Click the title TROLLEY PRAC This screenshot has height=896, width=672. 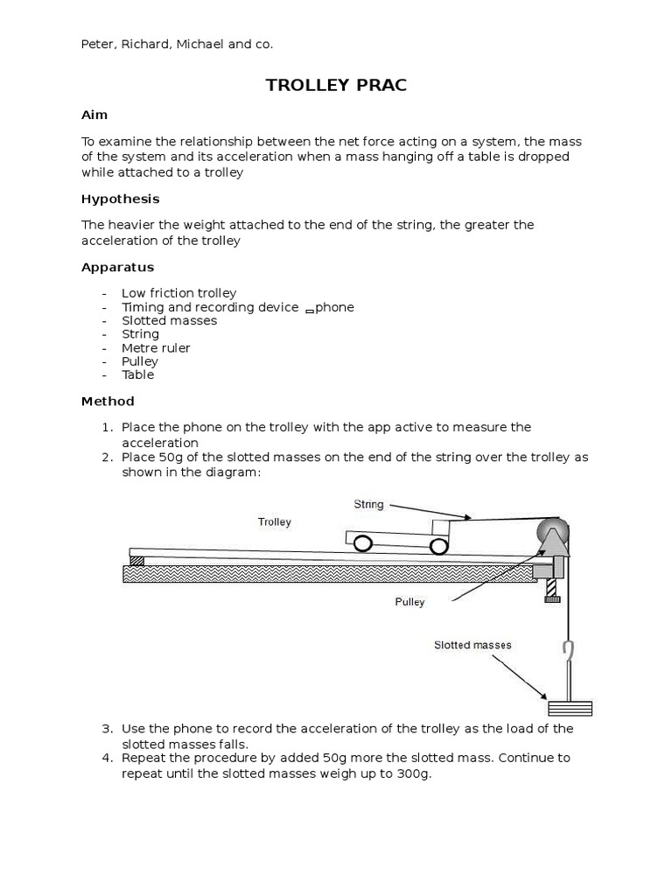click(336, 85)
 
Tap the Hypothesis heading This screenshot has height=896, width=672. click(121, 199)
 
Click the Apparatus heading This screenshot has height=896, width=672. click(117, 267)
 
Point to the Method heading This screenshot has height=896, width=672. click(108, 401)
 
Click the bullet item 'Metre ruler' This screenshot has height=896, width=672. click(156, 347)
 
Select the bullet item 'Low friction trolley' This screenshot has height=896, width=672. click(178, 293)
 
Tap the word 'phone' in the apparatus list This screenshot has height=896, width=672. click(335, 307)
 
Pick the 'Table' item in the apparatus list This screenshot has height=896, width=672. click(137, 374)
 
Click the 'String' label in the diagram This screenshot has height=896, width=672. click(368, 504)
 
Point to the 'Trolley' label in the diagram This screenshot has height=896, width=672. click(274, 521)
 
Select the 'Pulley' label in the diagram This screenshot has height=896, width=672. click(409, 602)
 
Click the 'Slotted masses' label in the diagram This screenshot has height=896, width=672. click(472, 645)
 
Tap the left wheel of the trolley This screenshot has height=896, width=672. click(361, 544)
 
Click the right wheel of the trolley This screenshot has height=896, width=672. click(437, 546)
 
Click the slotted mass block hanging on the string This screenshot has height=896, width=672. click(569, 708)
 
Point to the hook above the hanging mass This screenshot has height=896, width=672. click(568, 652)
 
